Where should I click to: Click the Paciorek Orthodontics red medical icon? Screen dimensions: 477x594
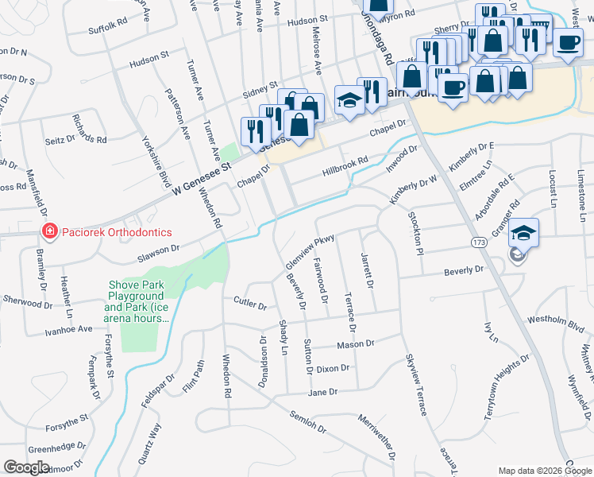coord(49,231)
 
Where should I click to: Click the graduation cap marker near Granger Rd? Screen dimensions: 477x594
coord(523,233)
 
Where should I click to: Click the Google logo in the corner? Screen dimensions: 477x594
coord(26,467)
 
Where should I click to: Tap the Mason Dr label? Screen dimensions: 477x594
coord(355,344)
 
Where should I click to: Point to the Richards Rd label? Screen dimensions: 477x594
coord(89,128)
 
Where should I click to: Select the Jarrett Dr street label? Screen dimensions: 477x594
coord(368,271)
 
